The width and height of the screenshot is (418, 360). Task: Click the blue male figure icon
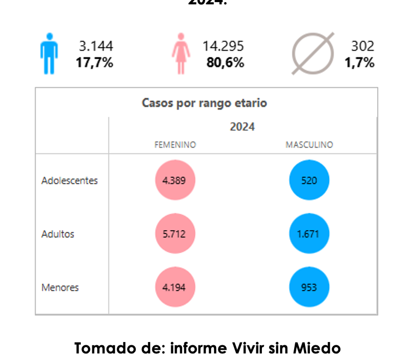tap(49, 53)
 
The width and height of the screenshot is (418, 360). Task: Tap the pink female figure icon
tap(180, 53)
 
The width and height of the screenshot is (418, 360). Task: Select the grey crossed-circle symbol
tap(312, 53)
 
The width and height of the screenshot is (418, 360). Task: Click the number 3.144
tap(96, 46)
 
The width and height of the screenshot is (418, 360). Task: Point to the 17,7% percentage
tap(94, 63)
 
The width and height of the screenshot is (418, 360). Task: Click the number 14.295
tap(223, 46)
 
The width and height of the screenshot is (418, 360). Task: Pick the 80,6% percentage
tap(225, 63)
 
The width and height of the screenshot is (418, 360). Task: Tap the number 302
tap(362, 46)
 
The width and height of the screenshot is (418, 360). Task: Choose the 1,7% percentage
tap(360, 63)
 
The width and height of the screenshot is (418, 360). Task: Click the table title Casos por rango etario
tap(204, 103)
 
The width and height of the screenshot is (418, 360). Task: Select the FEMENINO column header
tap(175, 145)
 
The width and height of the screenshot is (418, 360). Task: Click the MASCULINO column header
tap(309, 145)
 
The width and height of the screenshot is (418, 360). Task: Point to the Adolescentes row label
tap(69, 181)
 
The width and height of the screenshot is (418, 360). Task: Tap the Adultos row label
tap(58, 234)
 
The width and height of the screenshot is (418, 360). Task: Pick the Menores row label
tap(60, 287)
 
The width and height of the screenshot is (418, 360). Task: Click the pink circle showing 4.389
tap(175, 181)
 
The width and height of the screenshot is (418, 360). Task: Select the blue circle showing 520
tap(309, 181)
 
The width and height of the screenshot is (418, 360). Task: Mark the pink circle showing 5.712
tap(175, 234)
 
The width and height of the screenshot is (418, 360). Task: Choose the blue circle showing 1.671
tap(309, 234)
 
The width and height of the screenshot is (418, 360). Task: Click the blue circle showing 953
tap(309, 287)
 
